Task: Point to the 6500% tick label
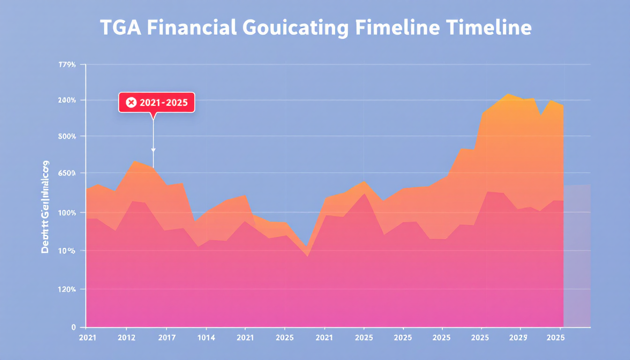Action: coord(66,173)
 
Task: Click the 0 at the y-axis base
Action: coord(74,327)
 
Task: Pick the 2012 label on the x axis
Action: coord(127,337)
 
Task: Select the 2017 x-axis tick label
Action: coord(166,337)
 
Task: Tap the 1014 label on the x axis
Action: coord(206,337)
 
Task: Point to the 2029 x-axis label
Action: coord(518,337)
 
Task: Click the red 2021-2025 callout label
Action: coord(156,103)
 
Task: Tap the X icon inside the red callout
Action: coord(131,103)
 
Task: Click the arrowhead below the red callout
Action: coord(153,150)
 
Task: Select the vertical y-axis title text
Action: coord(45,207)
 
